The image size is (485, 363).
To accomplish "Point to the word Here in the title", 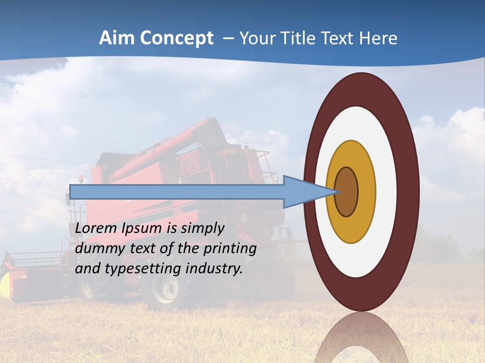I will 378,38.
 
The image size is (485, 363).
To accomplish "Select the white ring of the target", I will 386,192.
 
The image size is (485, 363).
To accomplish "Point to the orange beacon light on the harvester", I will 81,178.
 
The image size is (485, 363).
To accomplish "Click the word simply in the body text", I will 202,228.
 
